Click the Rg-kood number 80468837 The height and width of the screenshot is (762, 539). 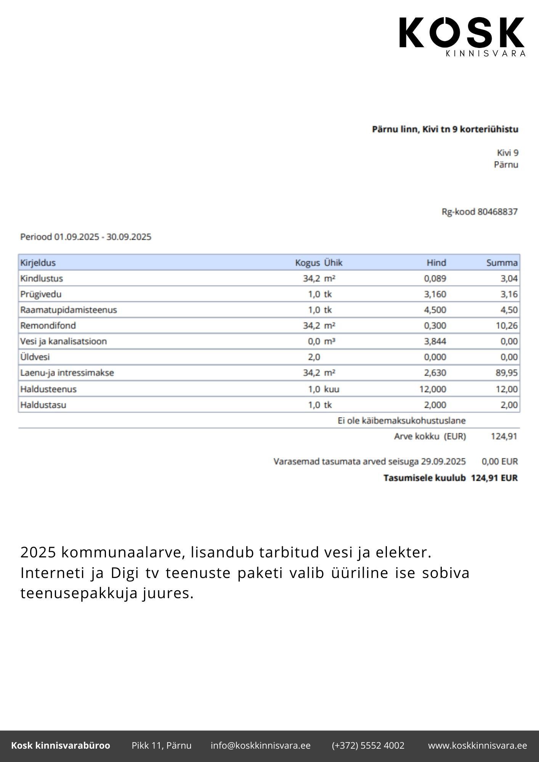[x=497, y=212]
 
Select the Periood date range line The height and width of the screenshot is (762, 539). [x=86, y=237]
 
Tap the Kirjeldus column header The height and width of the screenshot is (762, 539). [x=38, y=263]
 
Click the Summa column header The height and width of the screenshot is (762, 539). [x=502, y=263]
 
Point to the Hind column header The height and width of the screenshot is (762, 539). [x=436, y=263]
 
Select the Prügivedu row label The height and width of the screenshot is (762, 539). [x=41, y=294]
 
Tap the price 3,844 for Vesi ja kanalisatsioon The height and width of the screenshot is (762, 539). [x=435, y=341]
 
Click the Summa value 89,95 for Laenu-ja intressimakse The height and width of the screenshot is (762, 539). [x=506, y=373]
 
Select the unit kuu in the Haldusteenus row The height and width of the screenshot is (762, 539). [x=332, y=389]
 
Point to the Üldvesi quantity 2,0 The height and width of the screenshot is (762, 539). [x=314, y=357]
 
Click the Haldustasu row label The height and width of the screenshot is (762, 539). [x=43, y=405]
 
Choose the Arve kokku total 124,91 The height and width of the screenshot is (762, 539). [x=504, y=436]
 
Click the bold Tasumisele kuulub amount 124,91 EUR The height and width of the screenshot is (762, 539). [x=494, y=478]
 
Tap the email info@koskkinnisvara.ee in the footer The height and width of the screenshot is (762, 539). [x=260, y=746]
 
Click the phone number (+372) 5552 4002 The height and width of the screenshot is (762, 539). [x=368, y=746]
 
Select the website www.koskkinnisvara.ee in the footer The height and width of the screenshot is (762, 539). [x=477, y=746]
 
